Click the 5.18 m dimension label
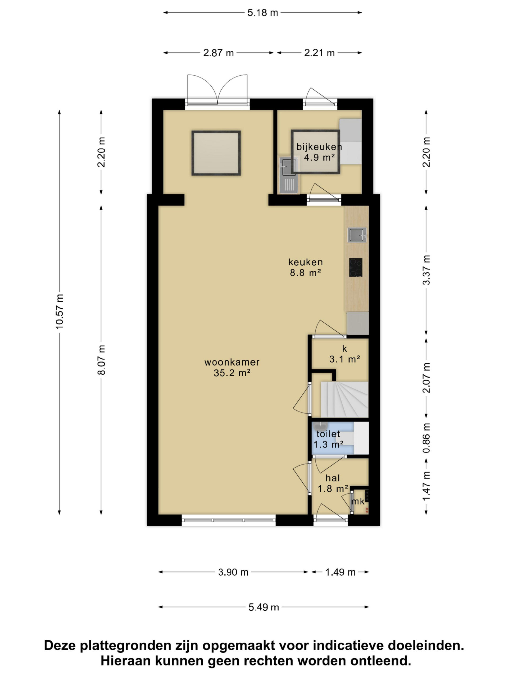262,13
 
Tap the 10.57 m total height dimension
60,312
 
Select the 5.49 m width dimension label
263,607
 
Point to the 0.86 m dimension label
426,438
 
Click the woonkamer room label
232,362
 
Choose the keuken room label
305,262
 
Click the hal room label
333,478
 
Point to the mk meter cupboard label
358,501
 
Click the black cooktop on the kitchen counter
356,267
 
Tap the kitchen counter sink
357,235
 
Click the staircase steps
344,399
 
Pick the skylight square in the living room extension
216,153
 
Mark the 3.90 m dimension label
233,572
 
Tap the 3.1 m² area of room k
344,359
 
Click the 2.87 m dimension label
218,53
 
